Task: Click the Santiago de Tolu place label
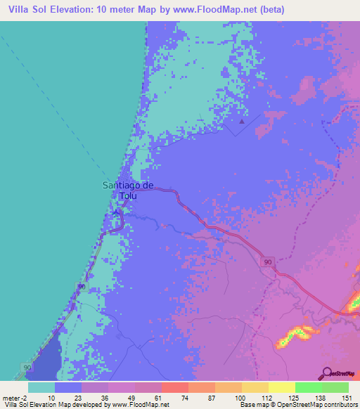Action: pyautogui.click(x=128, y=190)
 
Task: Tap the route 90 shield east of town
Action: pyautogui.click(x=268, y=262)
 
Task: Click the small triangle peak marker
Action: pyautogui.click(x=242, y=122)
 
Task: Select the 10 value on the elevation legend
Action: pyautogui.click(x=51, y=397)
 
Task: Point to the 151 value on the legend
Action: pyautogui.click(x=345, y=397)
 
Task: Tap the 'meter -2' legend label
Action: pyautogui.click(x=14, y=397)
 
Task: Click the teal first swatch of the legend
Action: pyautogui.click(x=41, y=387)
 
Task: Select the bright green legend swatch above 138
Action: pyautogui.click(x=308, y=387)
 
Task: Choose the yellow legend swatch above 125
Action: pyautogui.click(x=281, y=387)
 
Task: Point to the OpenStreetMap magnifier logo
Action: pyautogui.click(x=328, y=372)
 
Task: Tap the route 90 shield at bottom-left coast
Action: pyautogui.click(x=27, y=368)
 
